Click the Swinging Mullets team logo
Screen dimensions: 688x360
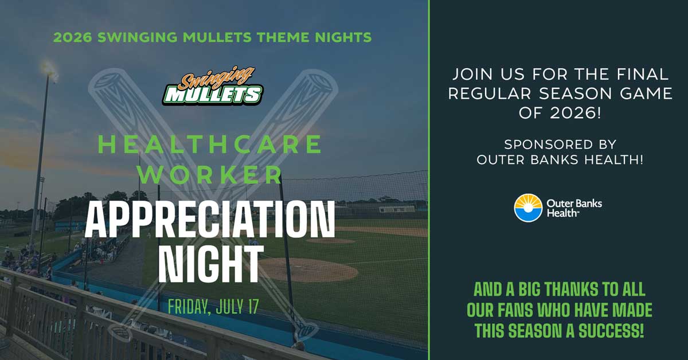pos(213,85)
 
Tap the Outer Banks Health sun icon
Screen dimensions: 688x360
pos(528,208)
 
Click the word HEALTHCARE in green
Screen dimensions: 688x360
pos(210,144)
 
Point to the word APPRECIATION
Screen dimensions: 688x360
pos(210,220)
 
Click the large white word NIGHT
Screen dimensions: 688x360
pos(211,264)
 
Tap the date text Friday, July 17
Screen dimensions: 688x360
pos(213,306)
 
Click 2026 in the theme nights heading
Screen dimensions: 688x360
pos(73,37)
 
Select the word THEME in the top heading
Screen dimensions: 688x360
pos(283,37)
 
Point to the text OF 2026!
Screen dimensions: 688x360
pos(560,113)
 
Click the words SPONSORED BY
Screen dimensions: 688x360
pos(560,144)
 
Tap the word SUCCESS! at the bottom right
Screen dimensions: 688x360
pos(611,331)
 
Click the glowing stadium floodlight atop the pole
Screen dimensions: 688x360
pos(49,70)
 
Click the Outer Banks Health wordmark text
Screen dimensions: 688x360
pos(574,208)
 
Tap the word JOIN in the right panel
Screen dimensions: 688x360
pos(472,74)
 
